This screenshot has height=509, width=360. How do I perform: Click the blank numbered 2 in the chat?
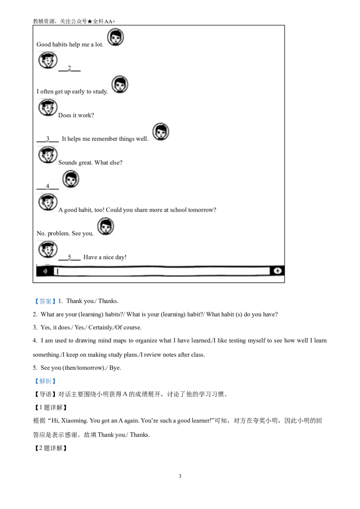pyautogui.click(x=69, y=68)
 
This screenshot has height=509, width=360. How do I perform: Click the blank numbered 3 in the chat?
pyautogui.click(x=47, y=139)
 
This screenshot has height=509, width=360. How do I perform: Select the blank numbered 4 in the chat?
pyautogui.click(x=47, y=186)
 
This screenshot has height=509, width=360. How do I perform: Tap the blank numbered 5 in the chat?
pyautogui.click(x=69, y=257)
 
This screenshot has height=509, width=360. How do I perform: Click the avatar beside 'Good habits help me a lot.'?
pyautogui.click(x=115, y=37)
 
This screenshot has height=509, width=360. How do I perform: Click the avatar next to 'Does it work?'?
pyautogui.click(x=48, y=108)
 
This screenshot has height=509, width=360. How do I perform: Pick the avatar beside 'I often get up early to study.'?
pyautogui.click(x=120, y=85)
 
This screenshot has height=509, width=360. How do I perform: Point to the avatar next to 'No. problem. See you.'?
pyautogui.click(x=106, y=226)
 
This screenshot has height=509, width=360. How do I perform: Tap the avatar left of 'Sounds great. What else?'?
pyautogui.click(x=48, y=155)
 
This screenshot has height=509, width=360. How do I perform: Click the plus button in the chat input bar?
pyautogui.click(x=278, y=271)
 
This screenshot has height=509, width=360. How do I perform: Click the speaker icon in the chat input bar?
pyautogui.click(x=46, y=271)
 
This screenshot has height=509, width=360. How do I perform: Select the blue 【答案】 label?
pyautogui.click(x=45, y=301)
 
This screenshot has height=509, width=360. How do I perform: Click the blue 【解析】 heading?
pyautogui.click(x=45, y=381)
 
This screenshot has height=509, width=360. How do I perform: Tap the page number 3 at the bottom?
pyautogui.click(x=180, y=476)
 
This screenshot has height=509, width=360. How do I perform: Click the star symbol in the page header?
pyautogui.click(x=90, y=22)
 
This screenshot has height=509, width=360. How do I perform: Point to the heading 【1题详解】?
pyautogui.click(x=51, y=407)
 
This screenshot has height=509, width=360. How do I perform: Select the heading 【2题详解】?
pyautogui.click(x=51, y=448)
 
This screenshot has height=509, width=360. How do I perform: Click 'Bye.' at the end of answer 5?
pyautogui.click(x=115, y=368)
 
